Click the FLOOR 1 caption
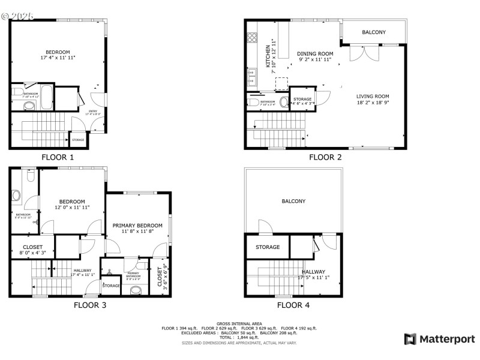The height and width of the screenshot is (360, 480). pos(58,157)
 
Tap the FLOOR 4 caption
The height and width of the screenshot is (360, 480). pos(293,305)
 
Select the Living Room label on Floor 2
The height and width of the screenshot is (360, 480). pos(373,96)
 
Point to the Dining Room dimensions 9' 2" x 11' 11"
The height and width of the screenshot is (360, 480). pos(316,60)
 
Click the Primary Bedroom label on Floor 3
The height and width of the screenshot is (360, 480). pos(137,225)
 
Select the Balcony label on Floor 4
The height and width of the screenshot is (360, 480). pos(293,202)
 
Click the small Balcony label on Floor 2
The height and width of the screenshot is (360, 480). pos(374,32)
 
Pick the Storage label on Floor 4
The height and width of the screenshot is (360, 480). pos(268,247)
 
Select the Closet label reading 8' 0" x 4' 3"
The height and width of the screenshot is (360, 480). pos(32,250)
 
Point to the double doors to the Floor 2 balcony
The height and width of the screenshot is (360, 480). pos(364,53)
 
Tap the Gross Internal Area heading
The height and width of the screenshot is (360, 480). pos(239,323)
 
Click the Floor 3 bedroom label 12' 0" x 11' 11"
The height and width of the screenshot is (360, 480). pos(71,204)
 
